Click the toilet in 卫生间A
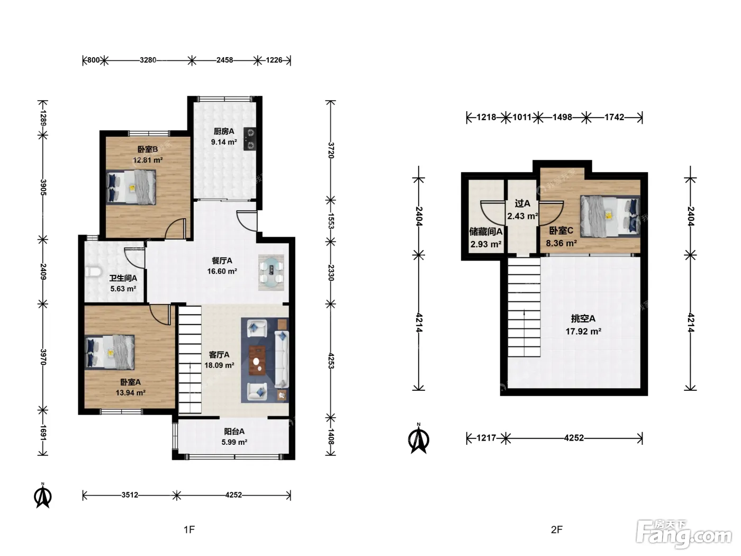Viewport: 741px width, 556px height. (x=93, y=272)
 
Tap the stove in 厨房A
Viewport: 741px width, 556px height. (x=250, y=139)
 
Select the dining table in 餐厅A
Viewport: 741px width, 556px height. (x=271, y=272)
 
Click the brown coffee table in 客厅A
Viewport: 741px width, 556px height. (x=257, y=361)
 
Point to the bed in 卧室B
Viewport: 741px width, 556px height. (x=131, y=187)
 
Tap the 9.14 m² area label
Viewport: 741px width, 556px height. (x=224, y=142)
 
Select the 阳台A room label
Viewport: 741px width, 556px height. (x=234, y=432)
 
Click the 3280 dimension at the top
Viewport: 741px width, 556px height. (x=148, y=60)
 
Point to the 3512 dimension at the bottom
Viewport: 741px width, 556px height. (x=130, y=495)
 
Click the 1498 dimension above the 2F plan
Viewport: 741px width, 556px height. (x=562, y=117)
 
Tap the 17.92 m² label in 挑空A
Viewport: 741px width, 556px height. (x=583, y=331)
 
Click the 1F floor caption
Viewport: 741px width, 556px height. (x=189, y=530)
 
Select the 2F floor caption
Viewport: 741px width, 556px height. (x=557, y=530)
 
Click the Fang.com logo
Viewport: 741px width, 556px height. (x=683, y=534)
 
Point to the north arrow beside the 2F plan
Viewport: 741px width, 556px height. (x=419, y=438)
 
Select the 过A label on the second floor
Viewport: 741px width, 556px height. (x=522, y=203)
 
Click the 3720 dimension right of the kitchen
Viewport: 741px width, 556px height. (x=331, y=150)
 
